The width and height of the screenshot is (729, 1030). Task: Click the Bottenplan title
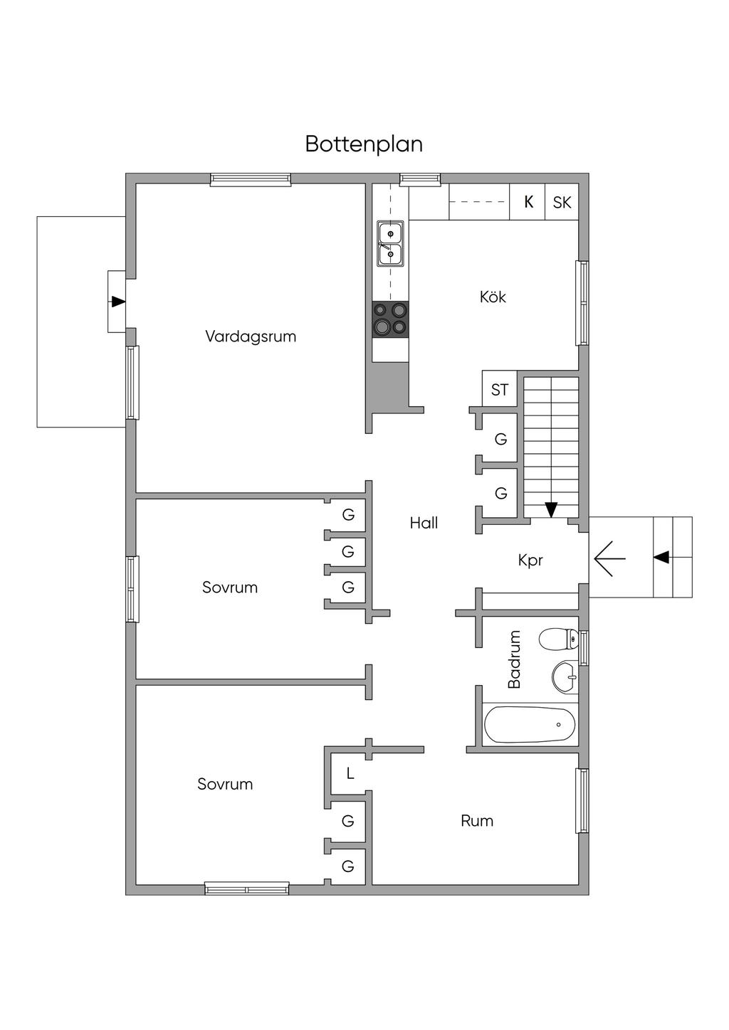pos(364,145)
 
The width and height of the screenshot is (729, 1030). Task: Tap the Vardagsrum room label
pos(251,336)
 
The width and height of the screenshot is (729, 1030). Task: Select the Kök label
pos(493,297)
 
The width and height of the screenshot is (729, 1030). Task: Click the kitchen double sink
pos(390,243)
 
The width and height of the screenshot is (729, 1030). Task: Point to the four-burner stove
pos(390,319)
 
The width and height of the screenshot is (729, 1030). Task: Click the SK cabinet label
pos(562,202)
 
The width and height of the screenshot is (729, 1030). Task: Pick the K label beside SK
pos(528,202)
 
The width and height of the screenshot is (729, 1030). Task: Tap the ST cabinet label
pos(499,390)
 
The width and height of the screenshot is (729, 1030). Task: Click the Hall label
pos(424,523)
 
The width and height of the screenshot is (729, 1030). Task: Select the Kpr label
pos(530,561)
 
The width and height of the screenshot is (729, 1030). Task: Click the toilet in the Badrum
pos(558,639)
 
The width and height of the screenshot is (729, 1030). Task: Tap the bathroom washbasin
pos(565,677)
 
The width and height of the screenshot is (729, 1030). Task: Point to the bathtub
pos(530,725)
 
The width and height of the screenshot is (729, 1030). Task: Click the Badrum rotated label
pos(513,659)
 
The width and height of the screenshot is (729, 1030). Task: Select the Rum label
pos(477,821)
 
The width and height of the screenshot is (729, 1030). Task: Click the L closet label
pos(350,774)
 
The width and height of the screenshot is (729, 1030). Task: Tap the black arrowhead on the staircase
pos(551,509)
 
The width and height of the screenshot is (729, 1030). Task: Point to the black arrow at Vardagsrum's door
pos(118,302)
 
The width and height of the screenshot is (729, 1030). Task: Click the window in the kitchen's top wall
pos(420,179)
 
